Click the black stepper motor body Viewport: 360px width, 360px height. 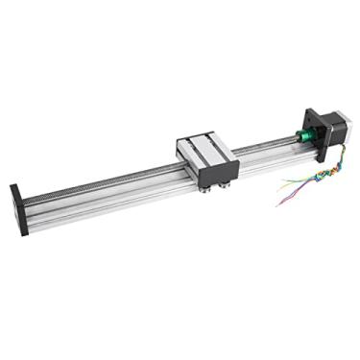[333, 134]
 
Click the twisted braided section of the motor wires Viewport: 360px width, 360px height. [317, 178]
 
